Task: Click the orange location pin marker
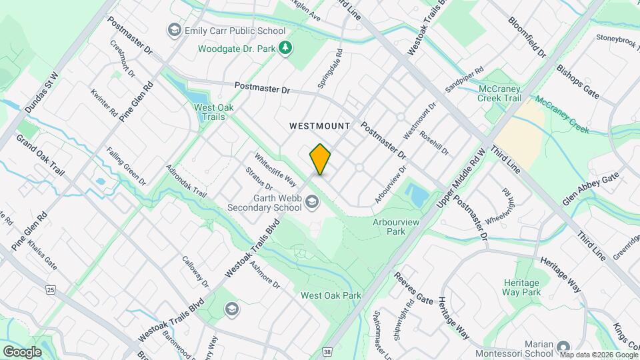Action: click(x=320, y=159)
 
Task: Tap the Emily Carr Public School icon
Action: click(x=174, y=31)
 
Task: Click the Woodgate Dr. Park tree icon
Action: click(x=285, y=47)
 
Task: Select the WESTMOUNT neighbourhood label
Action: click(x=320, y=125)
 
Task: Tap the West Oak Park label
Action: click(x=331, y=295)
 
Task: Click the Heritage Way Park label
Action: click(x=522, y=287)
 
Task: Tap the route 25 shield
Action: click(x=50, y=289)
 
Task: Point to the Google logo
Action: click(x=22, y=351)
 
